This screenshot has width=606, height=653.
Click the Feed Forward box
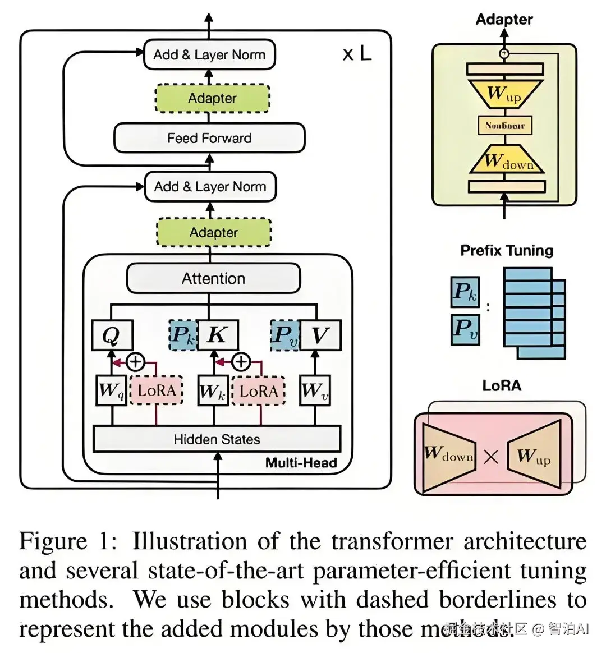point(209,138)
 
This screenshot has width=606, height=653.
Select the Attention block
point(213,278)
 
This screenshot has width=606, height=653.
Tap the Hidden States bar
point(217,439)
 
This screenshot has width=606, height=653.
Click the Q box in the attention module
point(112,335)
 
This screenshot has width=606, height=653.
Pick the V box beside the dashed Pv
point(320,335)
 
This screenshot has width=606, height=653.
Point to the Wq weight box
point(112,390)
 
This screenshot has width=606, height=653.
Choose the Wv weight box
point(315,390)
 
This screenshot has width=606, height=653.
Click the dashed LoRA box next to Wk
point(258,390)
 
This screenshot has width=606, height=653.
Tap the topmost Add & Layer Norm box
point(209,54)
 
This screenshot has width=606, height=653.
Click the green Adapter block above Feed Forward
point(212,98)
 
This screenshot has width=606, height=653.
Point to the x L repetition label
point(357,54)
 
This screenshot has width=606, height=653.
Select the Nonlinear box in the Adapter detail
point(504,125)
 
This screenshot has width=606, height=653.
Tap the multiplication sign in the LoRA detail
point(491,457)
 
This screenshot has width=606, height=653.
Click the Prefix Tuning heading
point(507,250)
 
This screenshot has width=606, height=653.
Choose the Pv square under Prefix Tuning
point(465,329)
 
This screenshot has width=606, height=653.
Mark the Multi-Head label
point(301,463)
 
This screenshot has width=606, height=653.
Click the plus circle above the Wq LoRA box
point(135,362)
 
